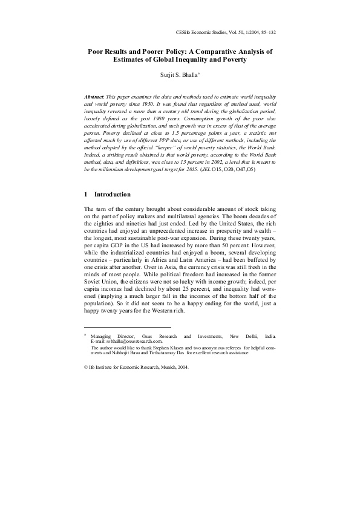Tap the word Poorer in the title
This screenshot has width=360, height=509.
145,52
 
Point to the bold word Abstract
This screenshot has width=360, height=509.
94,97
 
